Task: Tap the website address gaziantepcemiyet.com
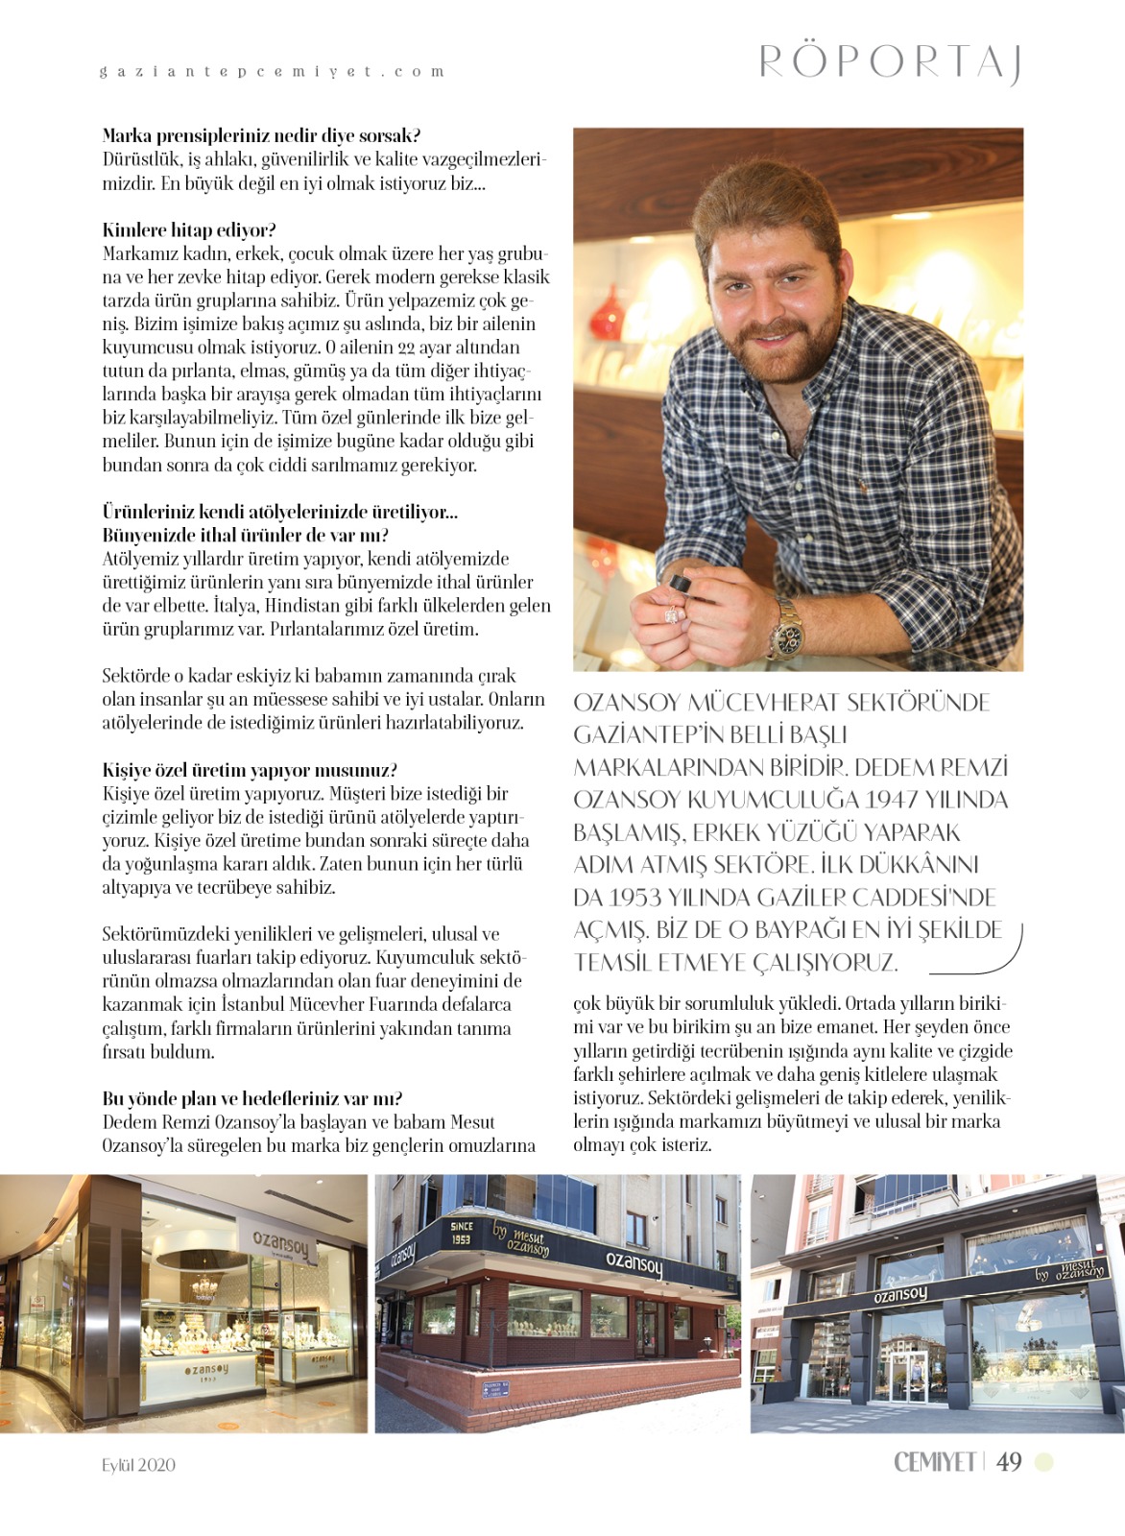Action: pos(273,72)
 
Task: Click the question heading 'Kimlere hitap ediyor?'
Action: pos(189,230)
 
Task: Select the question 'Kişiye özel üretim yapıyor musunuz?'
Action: pos(250,770)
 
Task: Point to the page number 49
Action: pos(1009,1462)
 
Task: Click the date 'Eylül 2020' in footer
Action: pos(139,1465)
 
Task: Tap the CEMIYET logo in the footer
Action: pos(934,1462)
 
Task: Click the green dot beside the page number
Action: pos(1043,1462)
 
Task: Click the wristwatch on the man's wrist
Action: pos(789,624)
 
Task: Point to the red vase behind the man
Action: pos(608,314)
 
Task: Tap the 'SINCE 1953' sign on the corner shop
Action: pos(461,1233)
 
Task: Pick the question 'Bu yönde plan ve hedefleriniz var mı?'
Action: pos(252,1098)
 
